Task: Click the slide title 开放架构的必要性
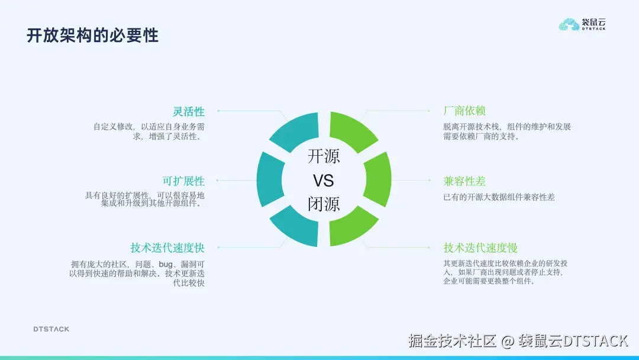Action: click(92, 35)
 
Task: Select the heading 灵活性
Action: click(189, 111)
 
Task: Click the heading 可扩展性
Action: click(183, 181)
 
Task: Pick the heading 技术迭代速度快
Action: click(167, 248)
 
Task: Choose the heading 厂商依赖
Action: click(464, 111)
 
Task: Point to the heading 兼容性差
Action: click(464, 181)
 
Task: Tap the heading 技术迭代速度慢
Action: click(480, 248)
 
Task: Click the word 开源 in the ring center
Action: click(324, 157)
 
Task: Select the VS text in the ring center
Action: click(324, 181)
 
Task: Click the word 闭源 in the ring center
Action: click(324, 204)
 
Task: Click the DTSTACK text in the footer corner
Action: click(51, 329)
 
